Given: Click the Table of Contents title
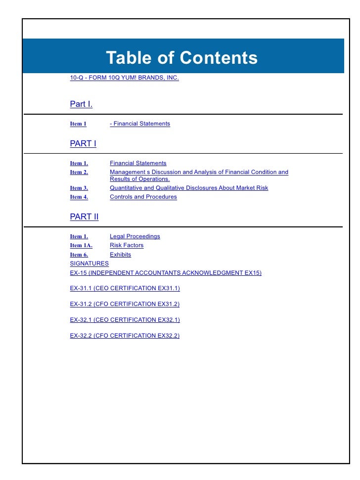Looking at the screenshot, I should tap(181, 58).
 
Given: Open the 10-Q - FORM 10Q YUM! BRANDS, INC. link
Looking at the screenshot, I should tap(124, 78).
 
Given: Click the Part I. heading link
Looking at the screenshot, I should tap(81, 104).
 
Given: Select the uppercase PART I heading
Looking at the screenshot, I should tap(83, 144).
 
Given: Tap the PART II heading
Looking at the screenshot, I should tap(84, 217).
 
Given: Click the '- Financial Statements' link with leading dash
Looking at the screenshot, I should tap(140, 124).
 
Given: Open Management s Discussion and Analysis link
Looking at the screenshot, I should tap(199, 173).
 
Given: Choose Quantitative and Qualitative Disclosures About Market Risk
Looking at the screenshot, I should tap(189, 188).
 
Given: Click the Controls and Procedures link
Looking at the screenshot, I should tap(143, 197).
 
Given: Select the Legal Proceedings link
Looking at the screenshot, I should tap(135, 236).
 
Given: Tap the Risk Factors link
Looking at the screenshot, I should tap(127, 245).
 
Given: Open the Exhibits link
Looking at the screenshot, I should tap(120, 255).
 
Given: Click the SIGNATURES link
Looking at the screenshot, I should tap(90, 263).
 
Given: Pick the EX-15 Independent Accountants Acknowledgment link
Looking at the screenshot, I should tap(166, 273).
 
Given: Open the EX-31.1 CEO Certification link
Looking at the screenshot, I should tap(125, 288).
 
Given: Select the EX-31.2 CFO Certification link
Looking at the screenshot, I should tap(125, 304).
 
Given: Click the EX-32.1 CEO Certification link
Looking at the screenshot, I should tap(125, 320).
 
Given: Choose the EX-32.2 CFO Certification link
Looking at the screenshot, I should tap(125, 336).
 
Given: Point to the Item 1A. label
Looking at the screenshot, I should tap(81, 245).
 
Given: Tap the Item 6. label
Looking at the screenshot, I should tap(79, 255).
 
